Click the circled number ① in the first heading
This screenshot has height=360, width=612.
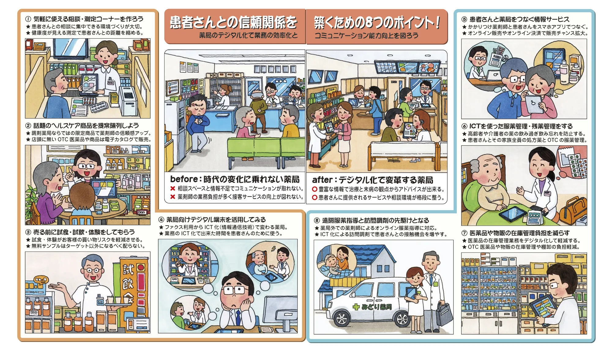point(28,19)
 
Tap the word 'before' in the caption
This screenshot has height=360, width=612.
point(184,179)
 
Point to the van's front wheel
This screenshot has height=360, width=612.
point(342,319)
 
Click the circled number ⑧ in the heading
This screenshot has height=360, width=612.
point(317,220)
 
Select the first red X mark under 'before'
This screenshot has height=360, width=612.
point(173,189)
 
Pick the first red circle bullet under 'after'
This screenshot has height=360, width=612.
point(314,189)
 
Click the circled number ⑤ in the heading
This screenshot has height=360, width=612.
point(464,19)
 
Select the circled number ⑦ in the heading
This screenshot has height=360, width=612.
point(464,233)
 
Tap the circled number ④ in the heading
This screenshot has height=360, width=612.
point(161,220)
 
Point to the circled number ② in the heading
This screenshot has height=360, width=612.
point(28,126)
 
